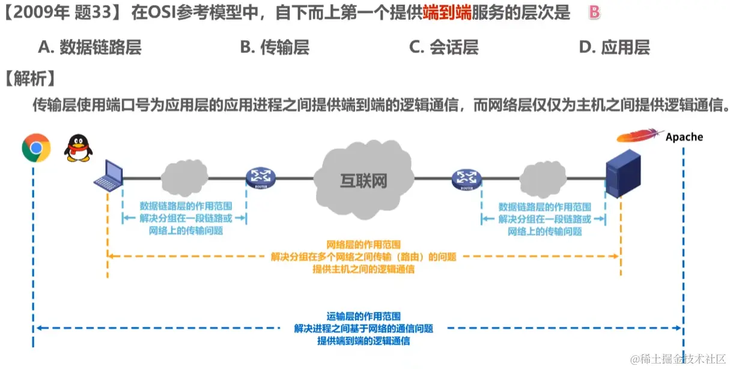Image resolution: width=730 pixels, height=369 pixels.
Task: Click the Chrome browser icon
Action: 35,148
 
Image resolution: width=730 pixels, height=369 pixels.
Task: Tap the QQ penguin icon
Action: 78,148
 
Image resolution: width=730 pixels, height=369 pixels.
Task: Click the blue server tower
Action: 623,174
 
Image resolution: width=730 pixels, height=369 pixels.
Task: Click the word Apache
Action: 684,137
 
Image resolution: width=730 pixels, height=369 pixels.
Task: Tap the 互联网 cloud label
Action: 363,180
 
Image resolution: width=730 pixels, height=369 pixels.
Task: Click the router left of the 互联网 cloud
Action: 260,178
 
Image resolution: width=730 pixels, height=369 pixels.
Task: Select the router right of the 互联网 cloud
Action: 467,178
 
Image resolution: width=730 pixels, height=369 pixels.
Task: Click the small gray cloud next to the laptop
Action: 184,176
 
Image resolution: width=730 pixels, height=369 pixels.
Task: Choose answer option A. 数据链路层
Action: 90,47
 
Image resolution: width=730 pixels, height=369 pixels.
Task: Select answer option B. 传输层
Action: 275,47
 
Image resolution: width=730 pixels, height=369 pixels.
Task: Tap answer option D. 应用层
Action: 614,47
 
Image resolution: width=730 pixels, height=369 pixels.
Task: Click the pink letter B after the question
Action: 594,13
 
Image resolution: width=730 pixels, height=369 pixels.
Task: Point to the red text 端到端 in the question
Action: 446,13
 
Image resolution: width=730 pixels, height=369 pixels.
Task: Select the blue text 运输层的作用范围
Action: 363,316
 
